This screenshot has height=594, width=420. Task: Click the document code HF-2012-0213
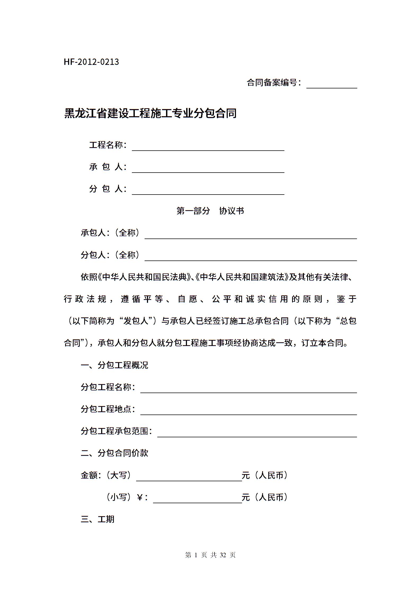point(91,62)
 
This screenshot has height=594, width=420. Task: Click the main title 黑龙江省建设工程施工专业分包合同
point(150,113)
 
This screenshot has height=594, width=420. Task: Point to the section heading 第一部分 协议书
point(210,211)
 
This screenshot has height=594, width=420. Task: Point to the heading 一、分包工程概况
point(114,365)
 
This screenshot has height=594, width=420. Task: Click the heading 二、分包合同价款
point(114,453)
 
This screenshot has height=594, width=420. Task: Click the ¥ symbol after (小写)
point(140,497)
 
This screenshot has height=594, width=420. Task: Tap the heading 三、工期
point(97,519)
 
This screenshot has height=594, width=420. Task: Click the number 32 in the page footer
point(223,555)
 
